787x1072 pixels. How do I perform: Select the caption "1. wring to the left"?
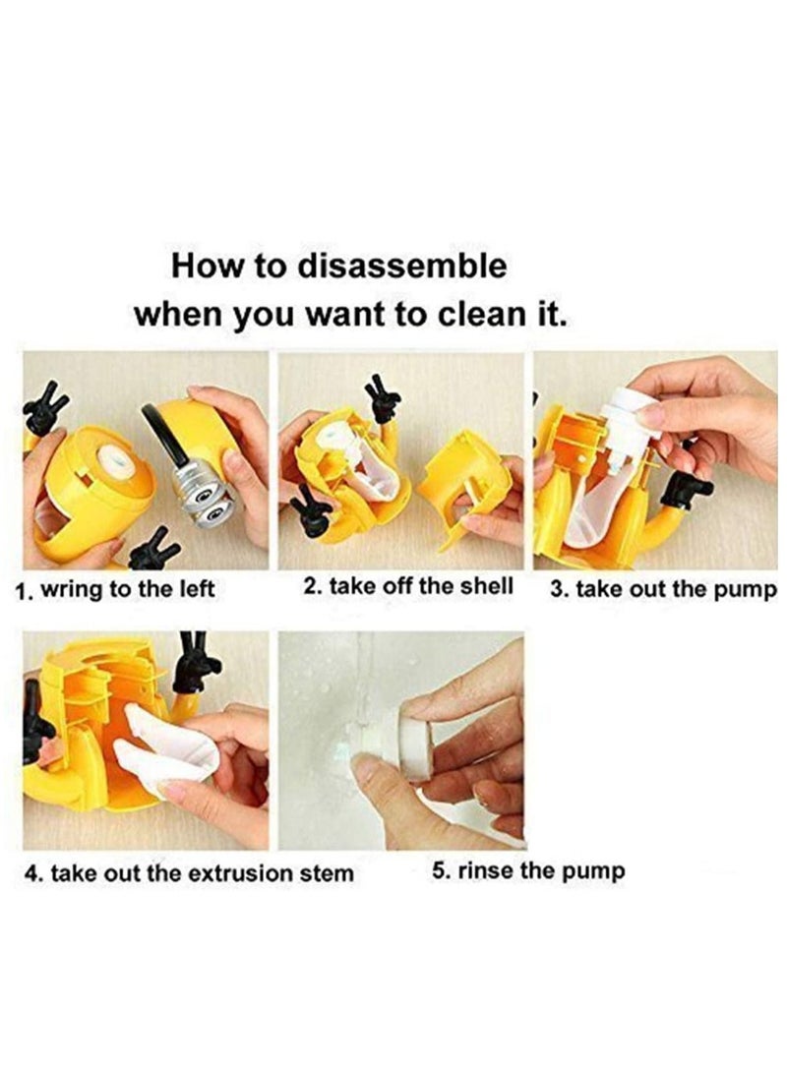[x=116, y=591]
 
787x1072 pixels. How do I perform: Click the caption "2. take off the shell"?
[x=408, y=587]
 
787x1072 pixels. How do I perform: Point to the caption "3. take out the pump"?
[x=663, y=590]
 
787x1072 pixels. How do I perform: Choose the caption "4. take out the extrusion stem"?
[x=188, y=872]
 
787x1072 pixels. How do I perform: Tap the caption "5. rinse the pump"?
[x=528, y=870]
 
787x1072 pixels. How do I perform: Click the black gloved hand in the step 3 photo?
[x=686, y=488]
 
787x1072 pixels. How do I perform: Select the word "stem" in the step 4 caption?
[x=328, y=872]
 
